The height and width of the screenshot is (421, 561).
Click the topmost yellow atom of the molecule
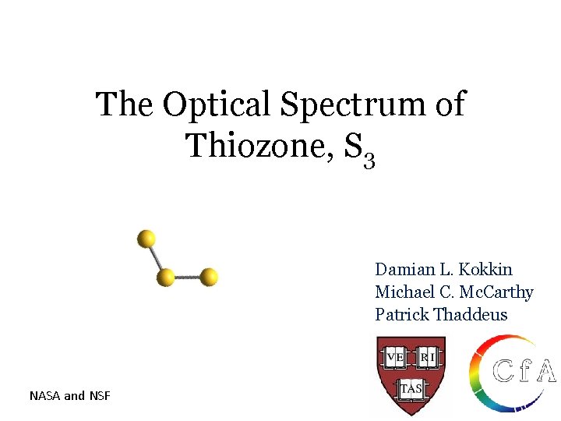pyautogui.click(x=146, y=239)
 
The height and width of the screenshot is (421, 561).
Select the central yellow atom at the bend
pyautogui.click(x=165, y=277)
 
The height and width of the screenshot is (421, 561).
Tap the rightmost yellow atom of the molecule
pyautogui.click(x=209, y=277)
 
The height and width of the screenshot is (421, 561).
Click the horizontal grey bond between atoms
pyautogui.click(x=187, y=277)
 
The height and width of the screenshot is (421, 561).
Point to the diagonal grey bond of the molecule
pyautogui.click(x=155, y=257)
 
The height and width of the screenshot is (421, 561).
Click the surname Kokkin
pyautogui.click(x=486, y=270)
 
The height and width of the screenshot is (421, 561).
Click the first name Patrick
pyautogui.click(x=402, y=315)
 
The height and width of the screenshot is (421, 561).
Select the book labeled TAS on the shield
pyautogui.click(x=411, y=387)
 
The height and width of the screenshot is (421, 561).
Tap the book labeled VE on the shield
pyautogui.click(x=395, y=357)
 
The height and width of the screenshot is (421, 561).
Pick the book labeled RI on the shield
pyautogui.click(x=428, y=357)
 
